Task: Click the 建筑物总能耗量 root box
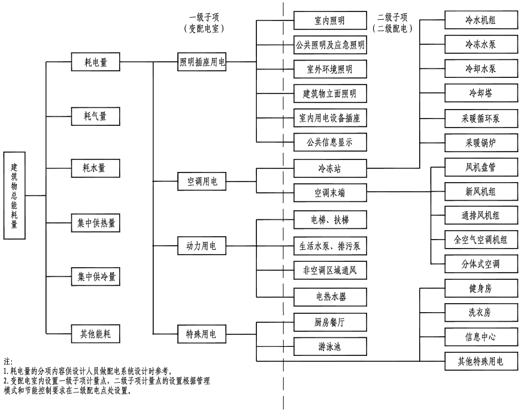[15, 195]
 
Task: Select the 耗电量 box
[96, 62]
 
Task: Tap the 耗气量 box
[96, 114]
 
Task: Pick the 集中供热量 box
[96, 223]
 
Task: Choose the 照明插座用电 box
[202, 62]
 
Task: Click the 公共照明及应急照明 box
[330, 45]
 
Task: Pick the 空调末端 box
[330, 193]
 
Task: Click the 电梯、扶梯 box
[330, 220]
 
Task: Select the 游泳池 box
[330, 346]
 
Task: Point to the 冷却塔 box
[480, 93]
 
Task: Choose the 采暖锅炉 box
[480, 143]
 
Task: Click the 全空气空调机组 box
[480, 240]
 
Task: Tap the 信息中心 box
[480, 337]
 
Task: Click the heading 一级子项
[202, 16]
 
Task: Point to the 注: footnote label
[8, 362]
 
